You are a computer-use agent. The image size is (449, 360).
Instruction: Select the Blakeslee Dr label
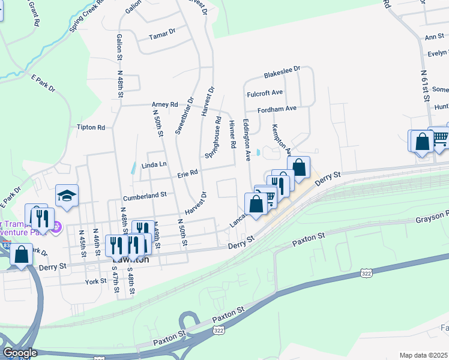click(x=282, y=73)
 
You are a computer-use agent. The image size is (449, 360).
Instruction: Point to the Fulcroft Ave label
click(x=264, y=94)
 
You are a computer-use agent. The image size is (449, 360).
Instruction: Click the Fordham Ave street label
click(x=277, y=109)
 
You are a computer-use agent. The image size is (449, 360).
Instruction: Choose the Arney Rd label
click(x=165, y=104)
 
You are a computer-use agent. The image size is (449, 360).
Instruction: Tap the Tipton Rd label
click(x=91, y=127)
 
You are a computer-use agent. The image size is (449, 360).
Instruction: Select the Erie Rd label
click(x=187, y=173)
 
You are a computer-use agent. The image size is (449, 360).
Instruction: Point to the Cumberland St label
click(x=145, y=195)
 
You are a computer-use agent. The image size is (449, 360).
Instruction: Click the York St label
click(x=95, y=281)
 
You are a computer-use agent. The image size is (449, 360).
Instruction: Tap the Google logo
click(x=20, y=353)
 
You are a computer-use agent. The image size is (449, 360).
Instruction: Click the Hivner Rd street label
click(x=232, y=135)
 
